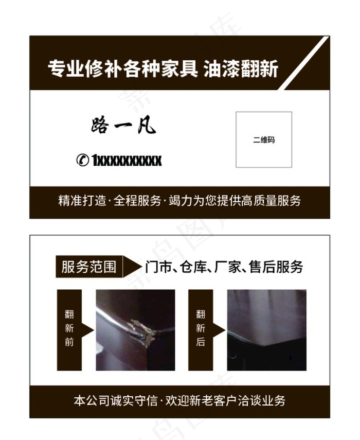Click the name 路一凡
tap(123, 125)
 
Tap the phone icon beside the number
tap(82, 160)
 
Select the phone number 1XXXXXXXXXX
tap(127, 161)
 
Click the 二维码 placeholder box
tap(264, 139)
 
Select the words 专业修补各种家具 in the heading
tap(122, 68)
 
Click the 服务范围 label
tap(88, 267)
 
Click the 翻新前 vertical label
tap(69, 328)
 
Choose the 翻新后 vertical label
tap(201, 328)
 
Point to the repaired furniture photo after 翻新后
tap(266, 329)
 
